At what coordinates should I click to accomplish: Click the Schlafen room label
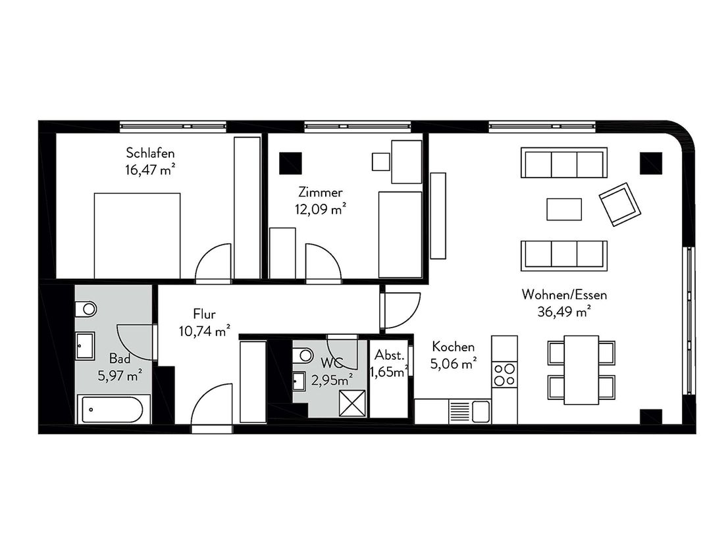(x=150, y=153)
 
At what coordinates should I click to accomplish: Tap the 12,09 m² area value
(x=321, y=209)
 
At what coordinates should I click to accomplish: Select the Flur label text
(x=204, y=314)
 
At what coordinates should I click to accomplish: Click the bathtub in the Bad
(x=113, y=409)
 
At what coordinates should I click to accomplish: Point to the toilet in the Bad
(x=86, y=309)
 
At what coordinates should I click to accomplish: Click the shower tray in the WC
(x=352, y=403)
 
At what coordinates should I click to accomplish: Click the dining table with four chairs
(x=581, y=369)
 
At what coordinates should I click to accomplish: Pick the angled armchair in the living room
(x=620, y=204)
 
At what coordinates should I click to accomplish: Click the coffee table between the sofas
(x=564, y=209)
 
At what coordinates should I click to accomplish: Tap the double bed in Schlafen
(x=137, y=236)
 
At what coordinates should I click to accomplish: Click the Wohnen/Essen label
(x=564, y=294)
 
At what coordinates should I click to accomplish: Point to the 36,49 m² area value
(x=563, y=311)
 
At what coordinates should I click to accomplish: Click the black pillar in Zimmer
(x=291, y=163)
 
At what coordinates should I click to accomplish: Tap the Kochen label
(x=453, y=347)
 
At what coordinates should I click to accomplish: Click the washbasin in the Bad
(x=86, y=345)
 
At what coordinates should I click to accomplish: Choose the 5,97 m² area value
(x=120, y=375)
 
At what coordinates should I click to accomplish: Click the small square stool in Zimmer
(x=380, y=161)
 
